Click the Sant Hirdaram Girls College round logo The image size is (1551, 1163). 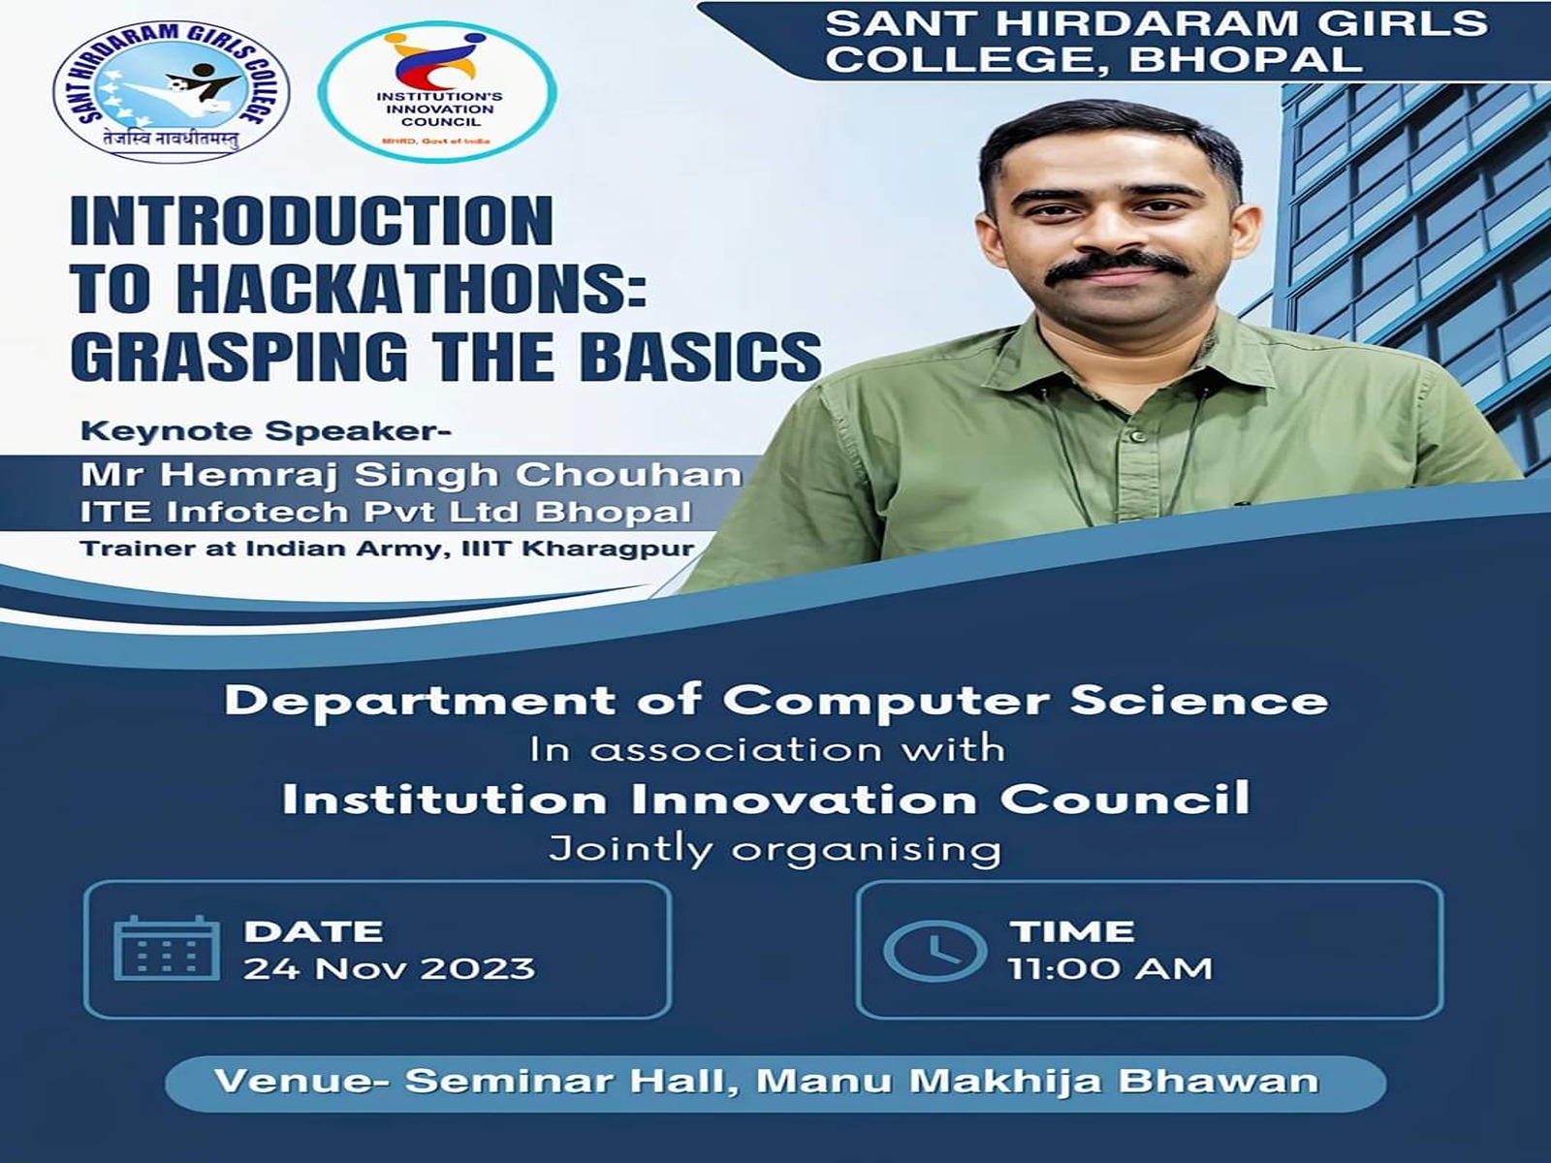tap(171, 91)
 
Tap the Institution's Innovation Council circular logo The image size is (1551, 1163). tap(437, 92)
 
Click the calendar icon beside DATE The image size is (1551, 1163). tap(166, 948)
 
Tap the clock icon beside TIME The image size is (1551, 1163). tap(934, 950)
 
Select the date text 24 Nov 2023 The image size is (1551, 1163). tap(390, 969)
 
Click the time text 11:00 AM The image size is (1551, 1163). tap(1110, 969)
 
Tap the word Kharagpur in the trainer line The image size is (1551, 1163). tap(609, 550)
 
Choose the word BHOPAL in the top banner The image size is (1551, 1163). tap(1245, 59)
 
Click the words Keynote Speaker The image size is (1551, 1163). tap(266, 431)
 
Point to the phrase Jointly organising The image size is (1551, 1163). tap(775, 850)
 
